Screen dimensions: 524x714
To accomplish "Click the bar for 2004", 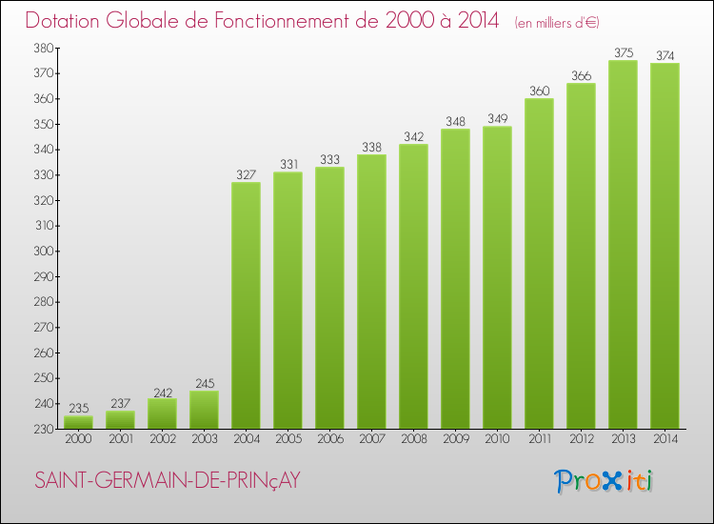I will click(x=246, y=305).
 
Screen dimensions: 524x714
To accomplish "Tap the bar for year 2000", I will click(x=78, y=422).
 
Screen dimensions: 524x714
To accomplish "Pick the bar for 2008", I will click(x=413, y=286).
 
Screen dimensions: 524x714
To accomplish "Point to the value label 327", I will click(x=246, y=174).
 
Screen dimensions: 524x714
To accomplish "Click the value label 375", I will click(x=623, y=52).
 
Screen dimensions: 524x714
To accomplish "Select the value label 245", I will click(x=204, y=383).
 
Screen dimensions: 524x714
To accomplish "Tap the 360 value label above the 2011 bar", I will click(x=539, y=91).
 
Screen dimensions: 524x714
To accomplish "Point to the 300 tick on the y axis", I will click(x=44, y=252).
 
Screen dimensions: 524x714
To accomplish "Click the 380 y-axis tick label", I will click(x=44, y=48).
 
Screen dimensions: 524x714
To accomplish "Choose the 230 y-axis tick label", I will click(x=44, y=430).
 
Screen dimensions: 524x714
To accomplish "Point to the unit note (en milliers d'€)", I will click(x=557, y=22).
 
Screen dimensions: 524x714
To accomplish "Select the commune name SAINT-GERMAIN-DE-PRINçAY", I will click(x=168, y=481).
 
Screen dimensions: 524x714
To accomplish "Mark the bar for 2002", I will click(x=162, y=413).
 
